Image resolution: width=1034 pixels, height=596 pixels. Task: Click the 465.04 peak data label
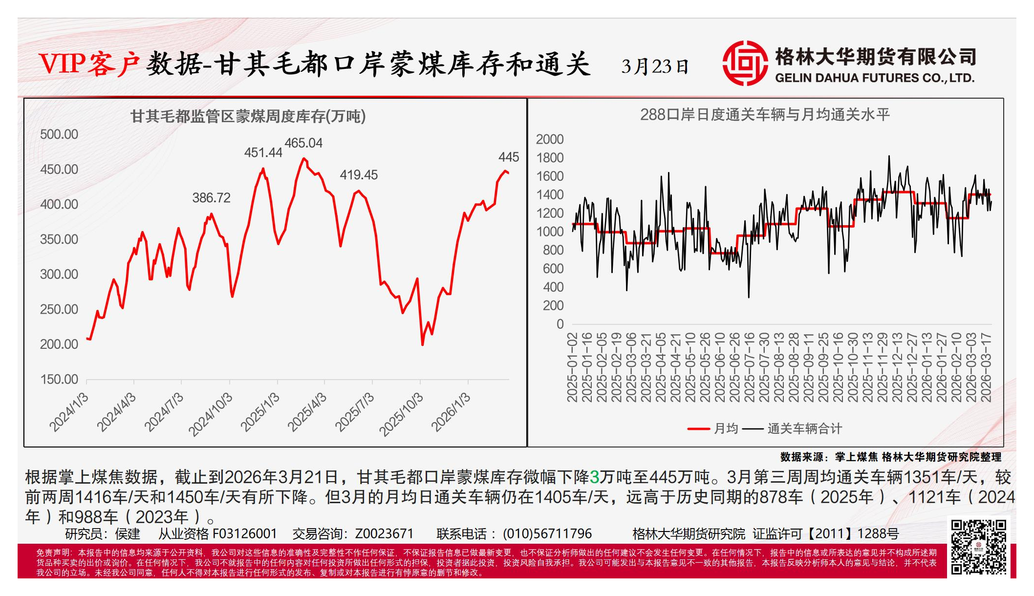click(x=303, y=143)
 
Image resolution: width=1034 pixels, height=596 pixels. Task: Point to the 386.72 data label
click(x=211, y=198)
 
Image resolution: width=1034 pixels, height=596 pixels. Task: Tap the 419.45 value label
click(x=359, y=175)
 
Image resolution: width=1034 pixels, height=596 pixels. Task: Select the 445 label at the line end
click(x=508, y=157)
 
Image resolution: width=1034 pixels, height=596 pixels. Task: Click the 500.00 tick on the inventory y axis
click(x=59, y=134)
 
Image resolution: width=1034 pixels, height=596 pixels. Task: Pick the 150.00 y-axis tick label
click(x=59, y=380)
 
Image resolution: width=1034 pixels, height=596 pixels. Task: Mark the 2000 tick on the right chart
click(x=550, y=140)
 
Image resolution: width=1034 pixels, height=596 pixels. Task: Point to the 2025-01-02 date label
click(x=572, y=367)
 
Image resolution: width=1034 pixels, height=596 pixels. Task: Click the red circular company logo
click(x=745, y=64)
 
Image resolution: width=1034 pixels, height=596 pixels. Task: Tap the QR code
click(x=978, y=547)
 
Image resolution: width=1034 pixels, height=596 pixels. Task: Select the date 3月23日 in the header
click(x=655, y=66)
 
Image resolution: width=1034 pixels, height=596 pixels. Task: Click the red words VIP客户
click(x=89, y=64)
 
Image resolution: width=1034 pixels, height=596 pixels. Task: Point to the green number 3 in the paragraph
click(x=594, y=477)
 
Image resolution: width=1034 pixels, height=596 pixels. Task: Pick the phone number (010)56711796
click(x=547, y=534)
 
